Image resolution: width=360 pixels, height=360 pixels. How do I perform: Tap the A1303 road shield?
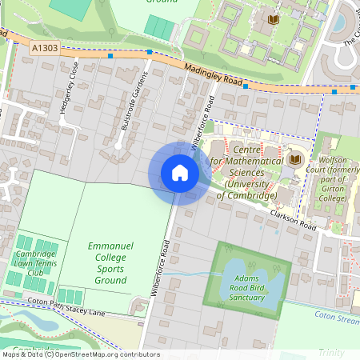(46, 49)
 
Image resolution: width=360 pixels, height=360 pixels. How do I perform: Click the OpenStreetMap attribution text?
(80, 354)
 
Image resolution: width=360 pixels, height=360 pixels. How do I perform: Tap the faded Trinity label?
(330, 353)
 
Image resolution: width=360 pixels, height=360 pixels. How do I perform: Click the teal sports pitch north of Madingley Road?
(159, 26)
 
